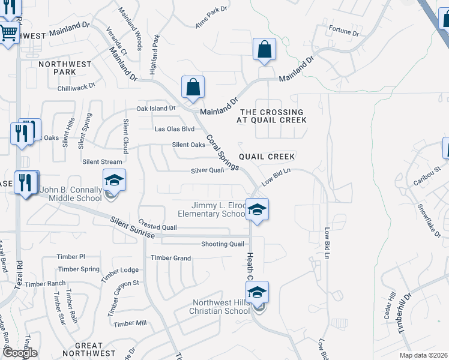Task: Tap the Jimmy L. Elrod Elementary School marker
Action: click(257, 210)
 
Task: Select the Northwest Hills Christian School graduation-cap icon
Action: click(257, 293)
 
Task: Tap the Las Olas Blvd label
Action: click(175, 129)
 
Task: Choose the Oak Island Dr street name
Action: click(155, 109)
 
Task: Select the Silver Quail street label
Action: click(207, 170)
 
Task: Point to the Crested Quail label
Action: click(157, 227)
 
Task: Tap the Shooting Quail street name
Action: click(223, 244)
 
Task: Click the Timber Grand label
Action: click(171, 258)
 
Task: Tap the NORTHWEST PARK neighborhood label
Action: click(65, 68)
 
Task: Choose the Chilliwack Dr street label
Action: click(76, 86)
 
